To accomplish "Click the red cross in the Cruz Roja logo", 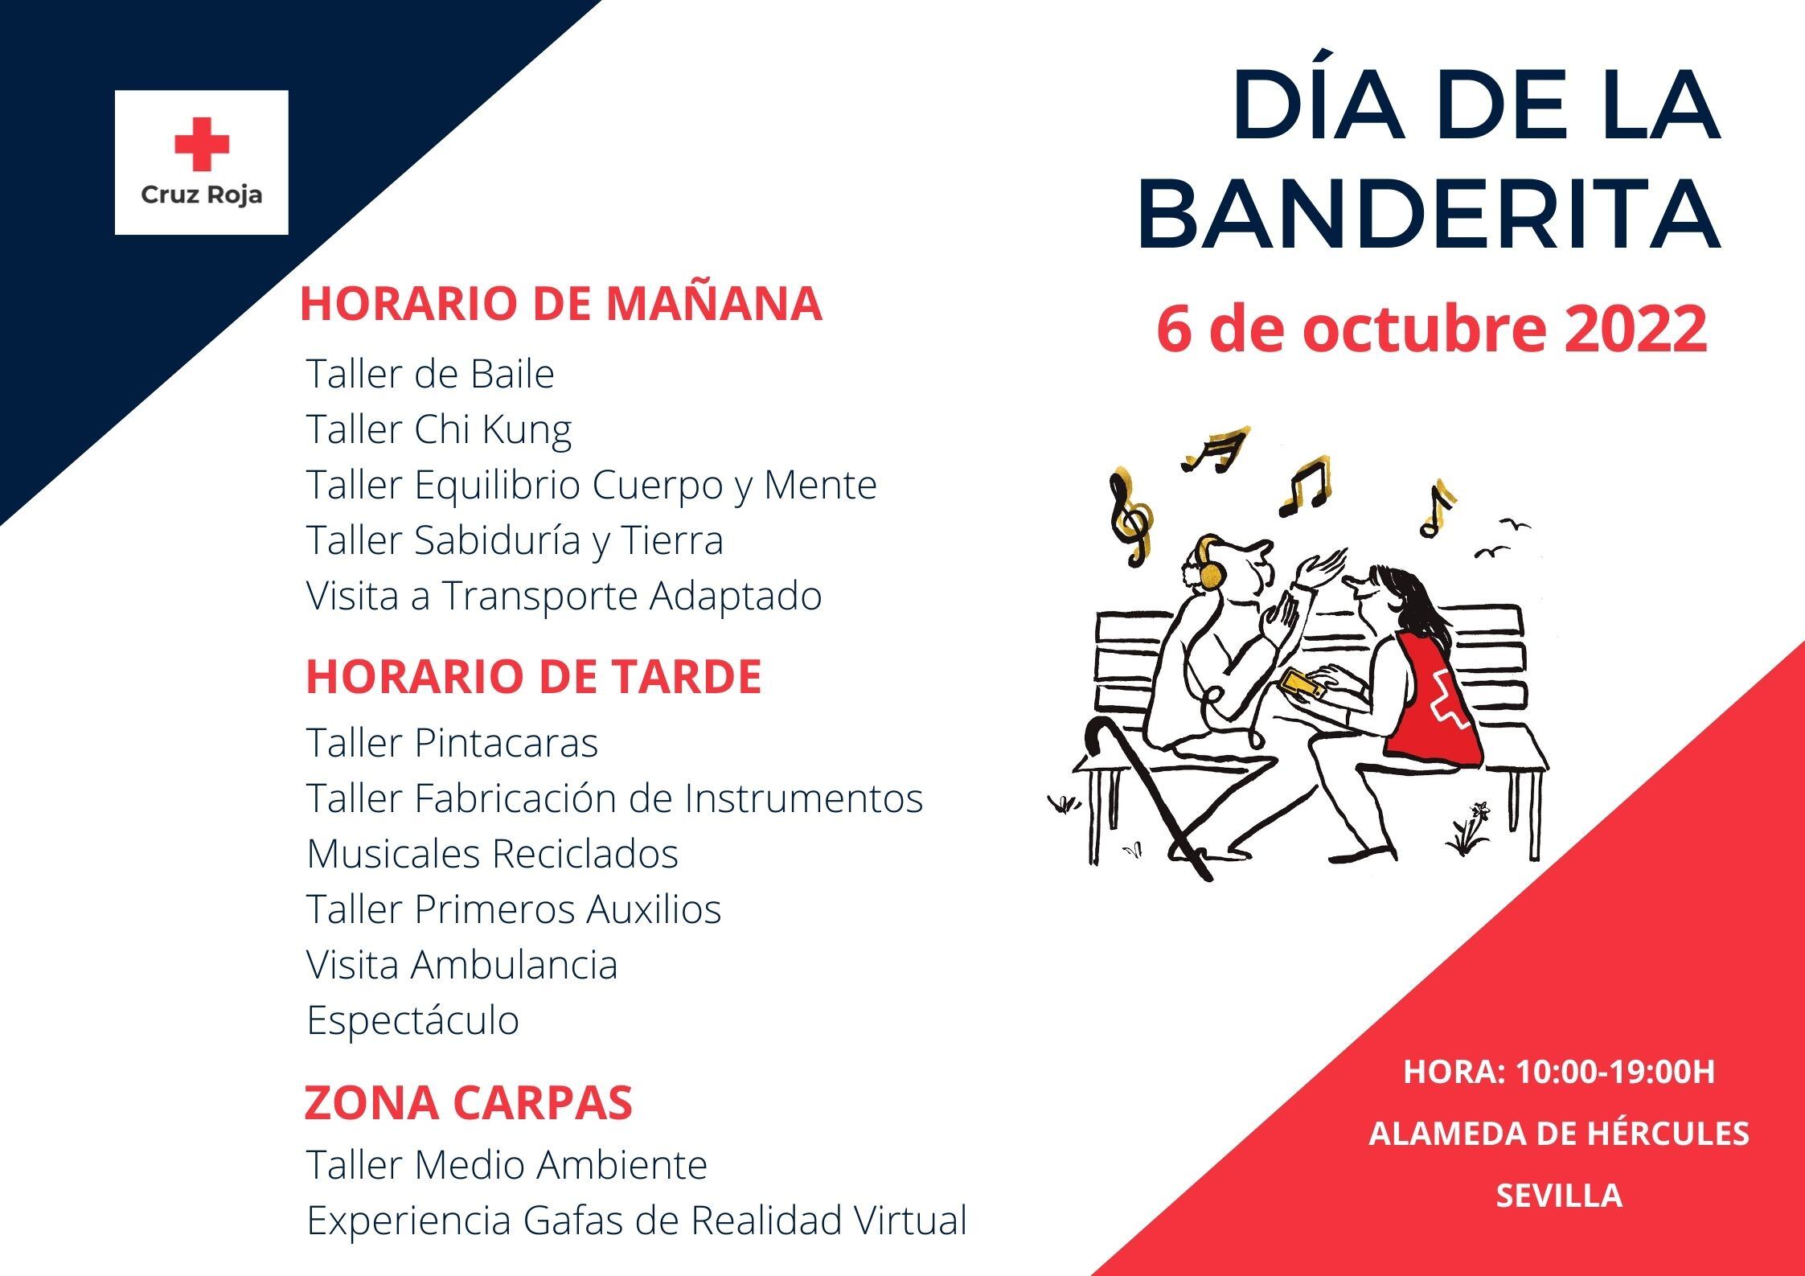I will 202,144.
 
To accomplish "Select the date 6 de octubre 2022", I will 1432,330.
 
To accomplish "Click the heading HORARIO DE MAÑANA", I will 561,305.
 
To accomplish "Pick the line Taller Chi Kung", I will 439,429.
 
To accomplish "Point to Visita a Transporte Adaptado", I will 564,596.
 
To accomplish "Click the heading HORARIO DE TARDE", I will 534,676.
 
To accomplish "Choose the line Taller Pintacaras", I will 452,743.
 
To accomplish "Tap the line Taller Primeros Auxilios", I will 514,909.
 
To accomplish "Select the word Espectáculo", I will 413,1020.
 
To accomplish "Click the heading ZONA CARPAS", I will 468,1102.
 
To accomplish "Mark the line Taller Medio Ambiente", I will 507,1164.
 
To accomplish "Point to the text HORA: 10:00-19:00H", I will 1559,1072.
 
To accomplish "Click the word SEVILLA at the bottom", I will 1559,1196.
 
